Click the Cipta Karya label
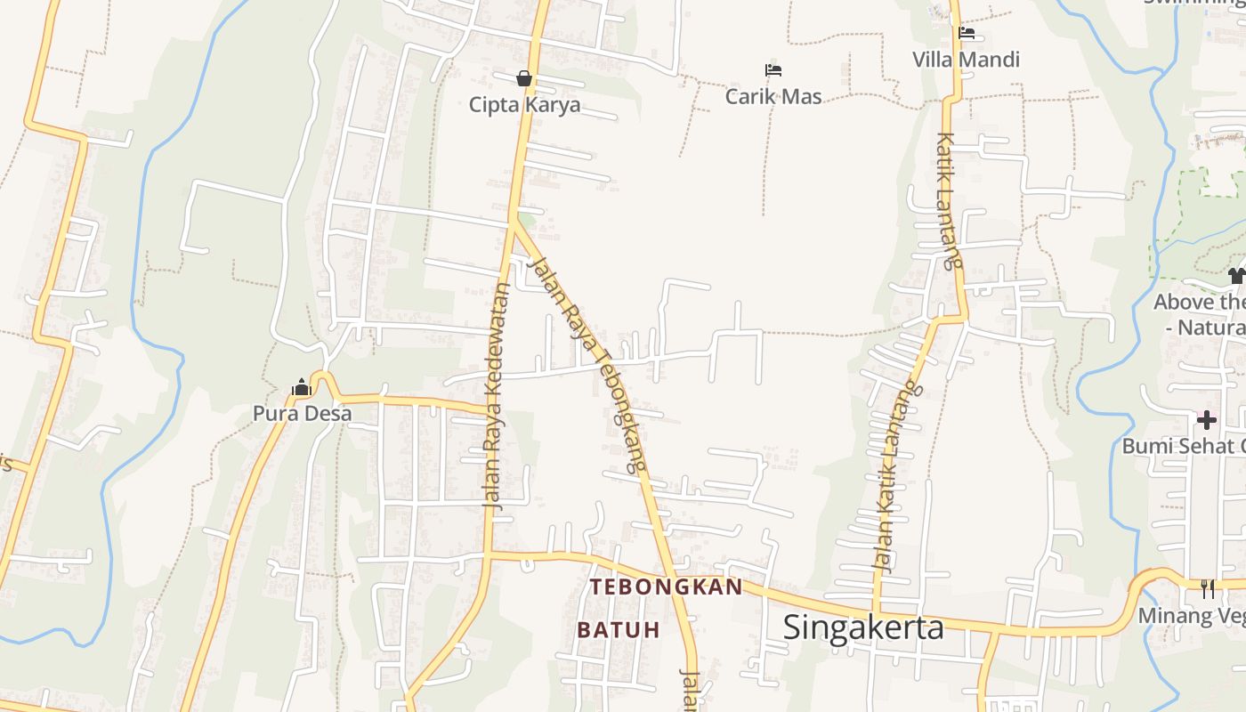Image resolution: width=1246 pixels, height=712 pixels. point(524,105)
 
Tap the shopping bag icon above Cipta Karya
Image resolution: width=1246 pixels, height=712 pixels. point(524,78)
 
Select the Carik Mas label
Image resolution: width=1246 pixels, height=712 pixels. point(773,96)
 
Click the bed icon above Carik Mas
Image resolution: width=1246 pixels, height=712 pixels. point(773,69)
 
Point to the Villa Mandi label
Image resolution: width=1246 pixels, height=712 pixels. point(966,60)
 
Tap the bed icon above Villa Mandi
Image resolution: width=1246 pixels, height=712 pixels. point(967,34)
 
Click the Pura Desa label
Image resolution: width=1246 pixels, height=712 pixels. point(302,414)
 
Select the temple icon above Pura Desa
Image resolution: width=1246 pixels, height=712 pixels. point(301,388)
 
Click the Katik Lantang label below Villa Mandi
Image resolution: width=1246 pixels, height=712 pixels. point(950,200)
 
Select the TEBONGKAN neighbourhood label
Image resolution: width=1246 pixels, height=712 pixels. point(666,587)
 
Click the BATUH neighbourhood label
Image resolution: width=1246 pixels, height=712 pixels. point(619,630)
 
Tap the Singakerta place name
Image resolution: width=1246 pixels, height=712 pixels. point(863,627)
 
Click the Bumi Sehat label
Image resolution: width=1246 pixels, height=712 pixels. point(1183,446)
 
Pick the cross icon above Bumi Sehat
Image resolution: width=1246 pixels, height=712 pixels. point(1206,419)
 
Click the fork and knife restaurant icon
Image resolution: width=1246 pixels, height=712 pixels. point(1207,588)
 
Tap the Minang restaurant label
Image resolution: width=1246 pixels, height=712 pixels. point(1192,616)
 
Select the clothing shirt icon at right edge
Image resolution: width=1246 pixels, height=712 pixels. point(1236,276)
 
